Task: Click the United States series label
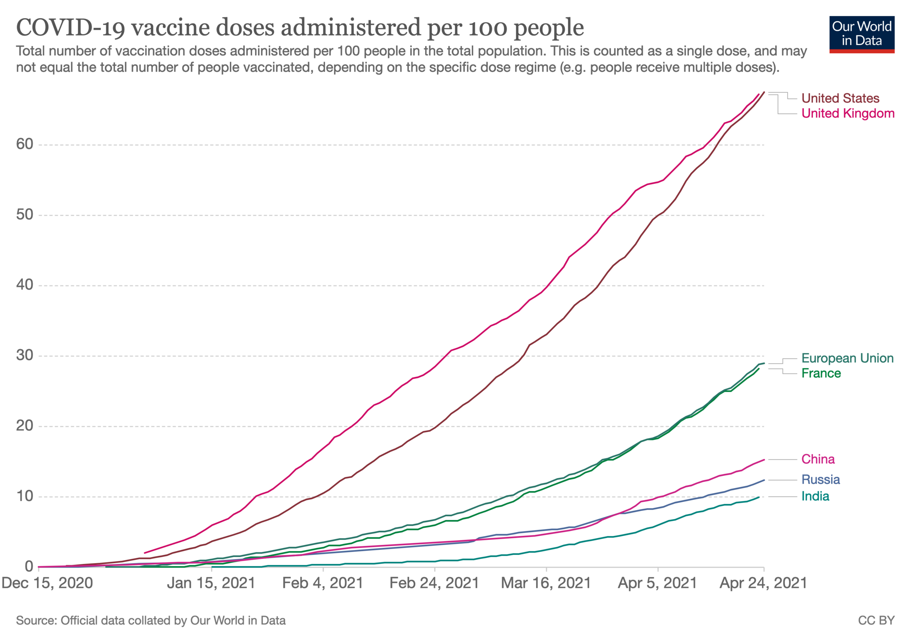(x=840, y=98)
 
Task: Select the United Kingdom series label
(x=847, y=113)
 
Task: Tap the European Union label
(x=847, y=358)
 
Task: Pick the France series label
(x=821, y=373)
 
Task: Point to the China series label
(x=817, y=459)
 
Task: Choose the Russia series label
(x=820, y=479)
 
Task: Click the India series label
(x=815, y=496)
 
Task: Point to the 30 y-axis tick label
(x=24, y=355)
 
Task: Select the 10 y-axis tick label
(x=24, y=496)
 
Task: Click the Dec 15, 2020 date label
(x=47, y=583)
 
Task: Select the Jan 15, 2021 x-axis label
(x=211, y=583)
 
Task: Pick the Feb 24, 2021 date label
(x=434, y=583)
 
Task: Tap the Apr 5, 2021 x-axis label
(x=657, y=583)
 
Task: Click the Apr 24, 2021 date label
(x=763, y=583)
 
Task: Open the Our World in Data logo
(x=861, y=34)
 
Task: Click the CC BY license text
(x=876, y=620)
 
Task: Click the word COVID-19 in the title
(x=70, y=28)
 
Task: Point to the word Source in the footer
(x=36, y=620)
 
